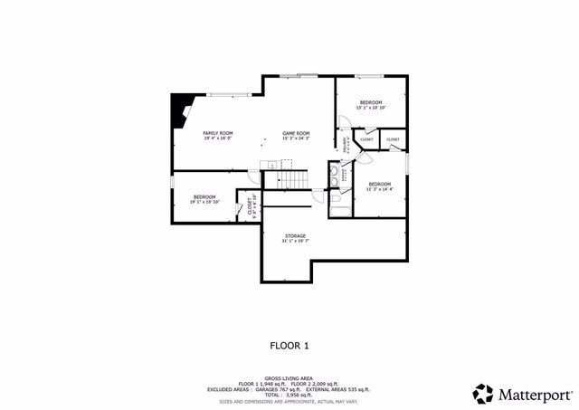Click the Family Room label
pos(217,136)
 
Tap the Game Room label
pos(296,136)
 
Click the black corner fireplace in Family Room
pos(180,110)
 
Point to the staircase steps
pos(296,182)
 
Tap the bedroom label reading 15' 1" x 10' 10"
pos(371,105)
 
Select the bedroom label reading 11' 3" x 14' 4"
pos(379,186)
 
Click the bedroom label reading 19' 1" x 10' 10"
pos(204,199)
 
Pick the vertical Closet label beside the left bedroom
pos(252,208)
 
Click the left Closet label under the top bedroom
pos(366,139)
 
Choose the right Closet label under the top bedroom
pos(393,139)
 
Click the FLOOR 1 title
pos(289,345)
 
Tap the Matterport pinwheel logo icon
pos(484,393)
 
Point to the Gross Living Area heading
pos(289,378)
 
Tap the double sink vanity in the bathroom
pos(334,175)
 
